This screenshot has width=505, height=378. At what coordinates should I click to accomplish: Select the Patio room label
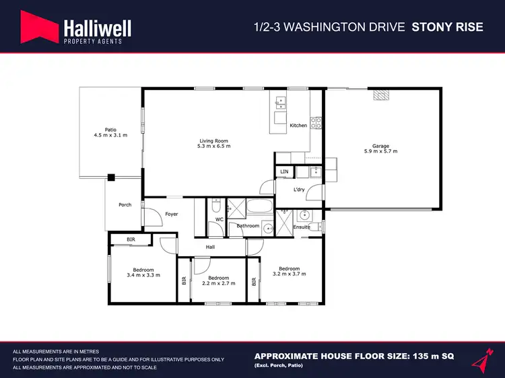[110, 129]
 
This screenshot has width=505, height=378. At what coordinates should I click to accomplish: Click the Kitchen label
[298, 126]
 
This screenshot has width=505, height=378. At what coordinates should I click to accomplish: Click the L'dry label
[300, 190]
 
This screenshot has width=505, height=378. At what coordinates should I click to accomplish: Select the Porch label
[125, 204]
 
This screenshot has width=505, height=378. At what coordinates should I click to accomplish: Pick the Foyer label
[172, 215]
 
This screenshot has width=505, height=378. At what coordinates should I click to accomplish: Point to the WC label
[219, 219]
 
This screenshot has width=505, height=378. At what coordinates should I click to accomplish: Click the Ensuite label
[302, 227]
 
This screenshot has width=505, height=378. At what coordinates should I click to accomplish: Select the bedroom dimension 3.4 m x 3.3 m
[143, 275]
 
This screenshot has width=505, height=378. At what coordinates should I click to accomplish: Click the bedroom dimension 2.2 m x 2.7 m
[219, 283]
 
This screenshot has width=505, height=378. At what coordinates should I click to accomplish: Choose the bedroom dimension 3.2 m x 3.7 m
[290, 274]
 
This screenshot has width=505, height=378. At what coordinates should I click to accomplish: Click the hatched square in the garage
[382, 95]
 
